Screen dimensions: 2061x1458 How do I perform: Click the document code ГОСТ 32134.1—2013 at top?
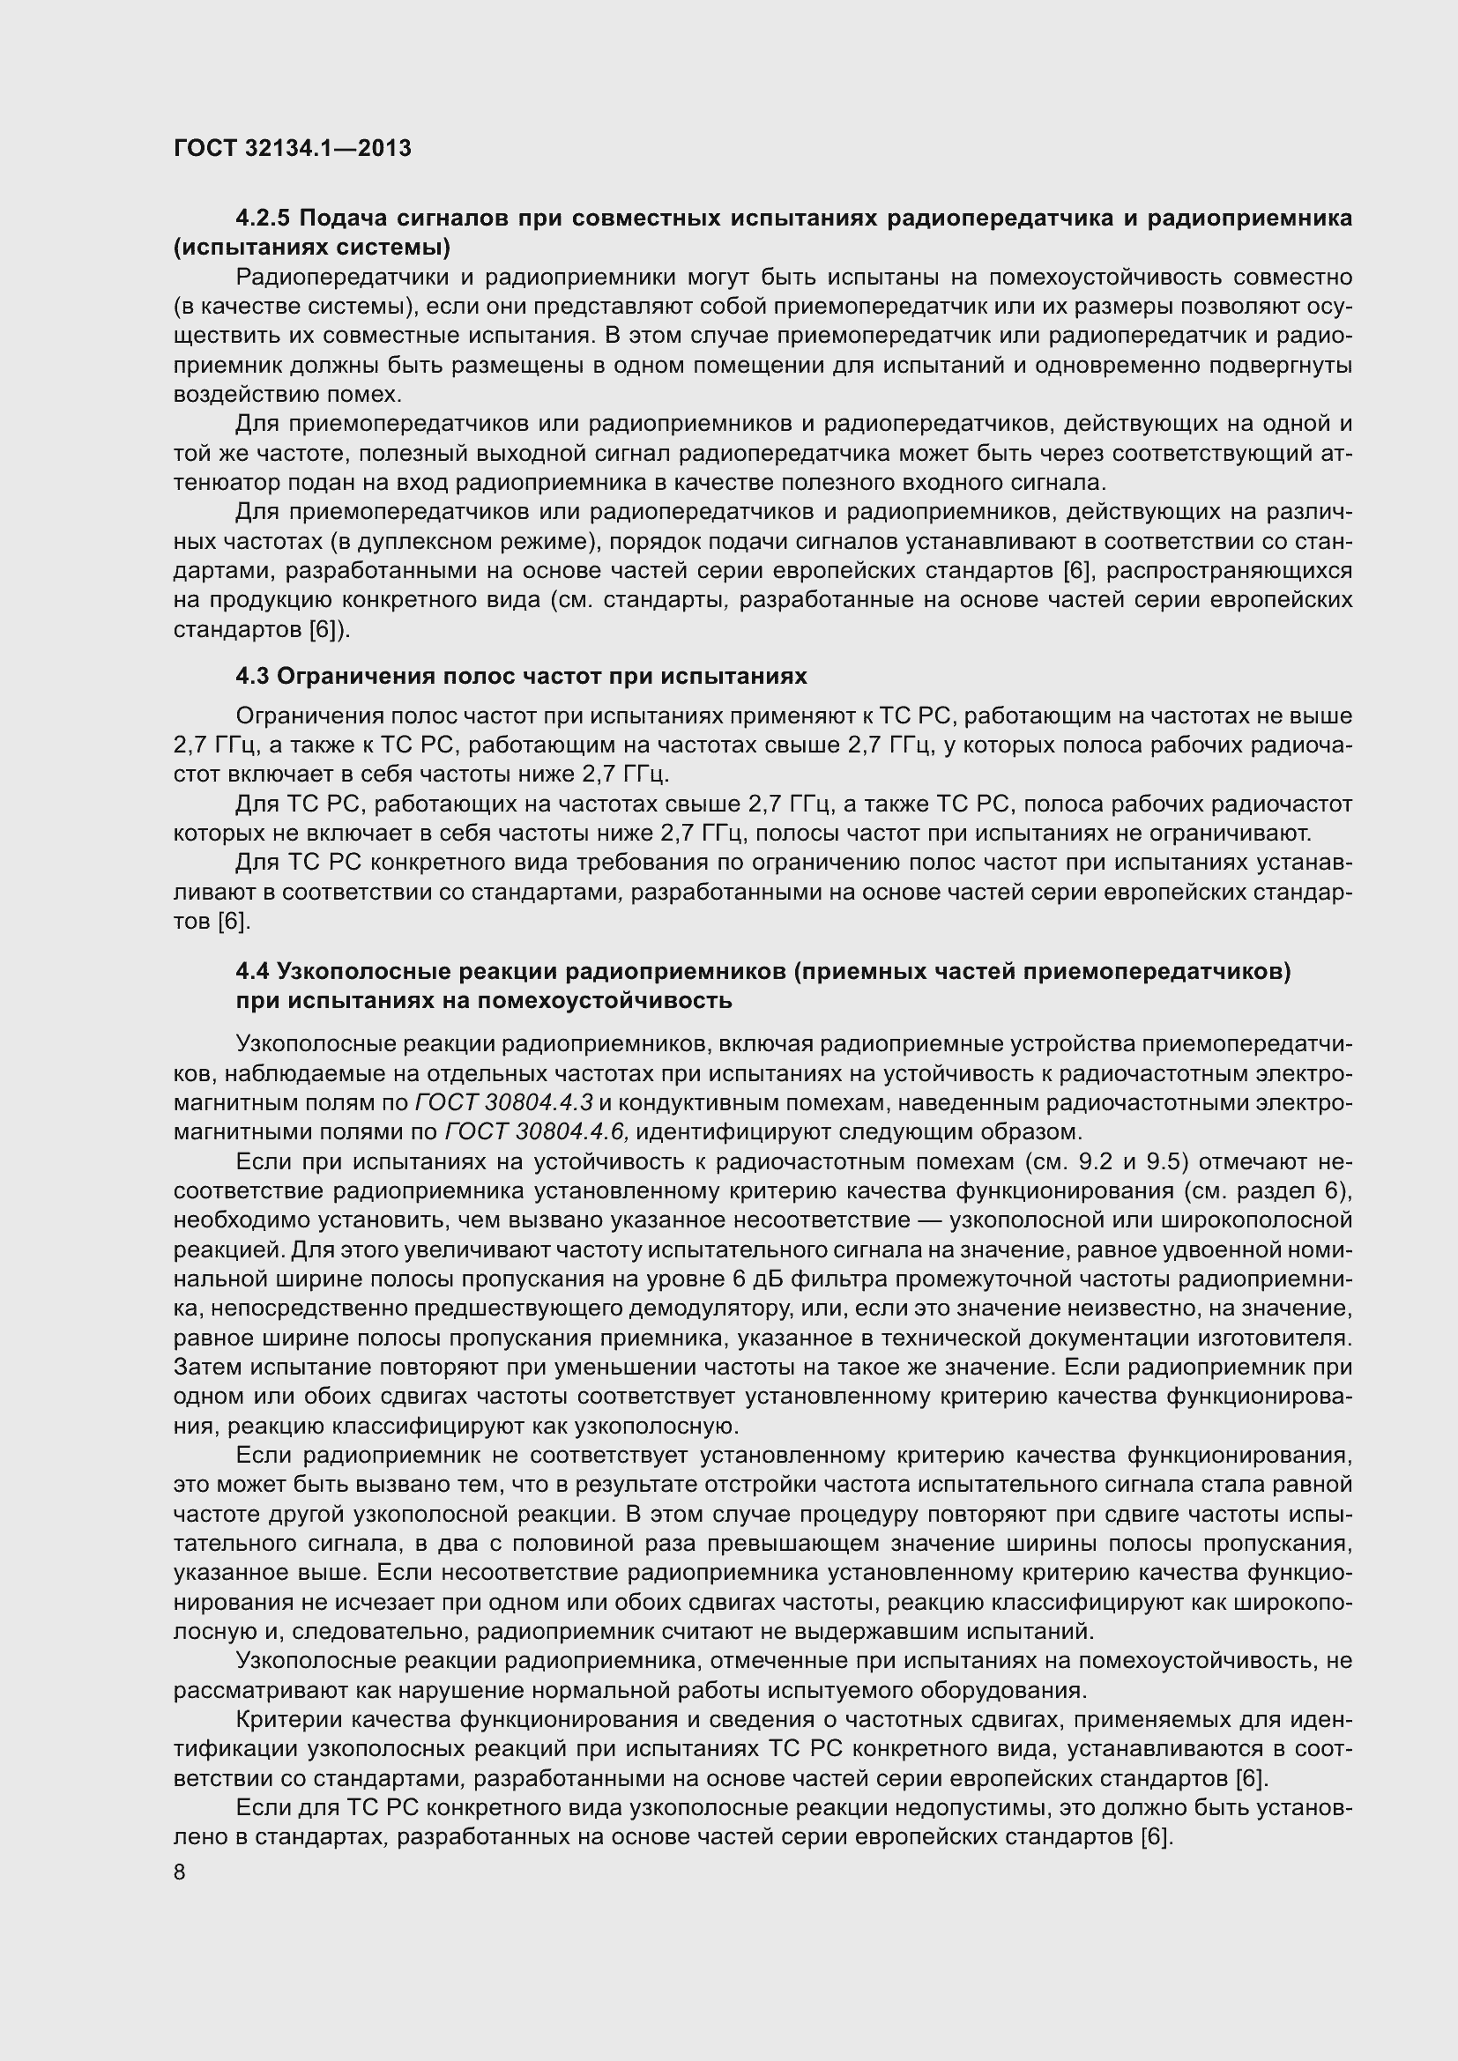tap(293, 148)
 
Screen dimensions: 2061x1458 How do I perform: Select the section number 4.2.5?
tap(264, 219)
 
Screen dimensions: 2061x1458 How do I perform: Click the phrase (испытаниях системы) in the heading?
tap(311, 247)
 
